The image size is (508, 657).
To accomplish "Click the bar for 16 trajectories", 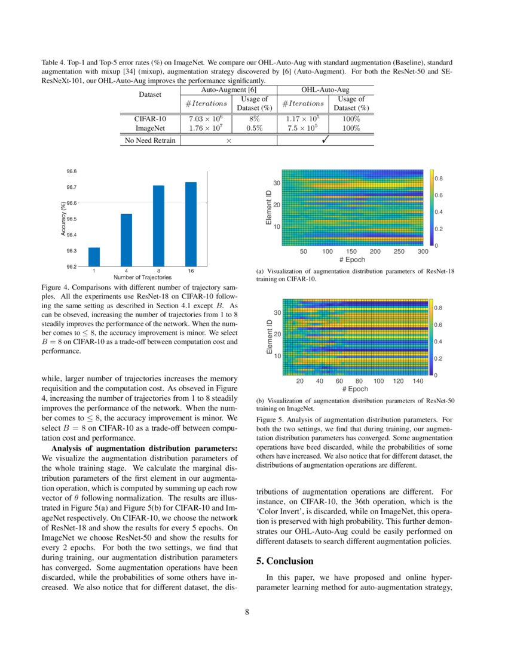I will (x=191, y=224).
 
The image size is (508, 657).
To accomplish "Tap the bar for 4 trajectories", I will (x=126, y=240).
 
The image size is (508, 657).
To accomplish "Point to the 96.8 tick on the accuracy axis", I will (x=71, y=171).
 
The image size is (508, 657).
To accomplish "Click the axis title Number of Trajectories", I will (x=142, y=277).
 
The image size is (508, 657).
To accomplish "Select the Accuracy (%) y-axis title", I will (x=63, y=219).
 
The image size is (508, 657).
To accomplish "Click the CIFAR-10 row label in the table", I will (x=149, y=119).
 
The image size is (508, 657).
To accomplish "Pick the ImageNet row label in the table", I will (x=149, y=128).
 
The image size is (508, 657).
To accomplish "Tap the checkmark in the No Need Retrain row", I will (x=325, y=140).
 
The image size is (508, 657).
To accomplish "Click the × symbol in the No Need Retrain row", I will (x=228, y=141).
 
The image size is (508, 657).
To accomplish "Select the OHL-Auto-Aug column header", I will (x=325, y=90).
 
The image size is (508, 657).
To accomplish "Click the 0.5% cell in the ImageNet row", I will (x=255, y=128).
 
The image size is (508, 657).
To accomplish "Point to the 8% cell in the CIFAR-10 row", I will (x=255, y=119).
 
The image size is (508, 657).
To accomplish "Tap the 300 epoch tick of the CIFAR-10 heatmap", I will (x=423, y=251).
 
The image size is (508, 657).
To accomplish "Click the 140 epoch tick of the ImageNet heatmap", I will (x=418, y=380).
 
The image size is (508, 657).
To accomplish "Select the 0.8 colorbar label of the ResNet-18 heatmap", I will (x=438, y=179).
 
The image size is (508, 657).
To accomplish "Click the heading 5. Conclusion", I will (x=284, y=561).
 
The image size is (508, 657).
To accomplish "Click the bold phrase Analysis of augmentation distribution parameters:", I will (x=145, y=449).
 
